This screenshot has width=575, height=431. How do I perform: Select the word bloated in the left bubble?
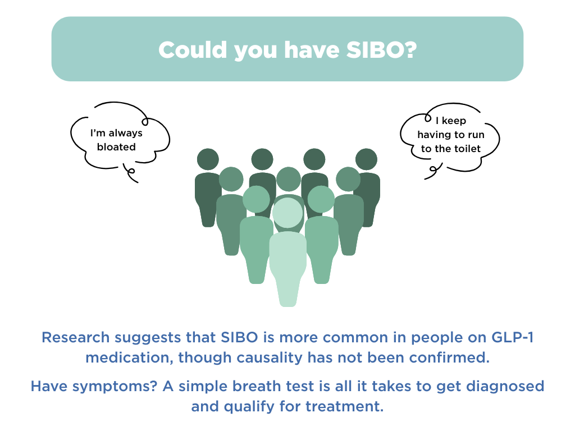117,147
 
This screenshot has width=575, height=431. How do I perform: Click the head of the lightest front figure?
287,213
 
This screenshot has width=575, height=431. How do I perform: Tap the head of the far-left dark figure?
208,159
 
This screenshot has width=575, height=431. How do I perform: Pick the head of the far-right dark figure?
367,159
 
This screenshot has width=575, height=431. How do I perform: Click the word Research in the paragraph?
76,338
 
